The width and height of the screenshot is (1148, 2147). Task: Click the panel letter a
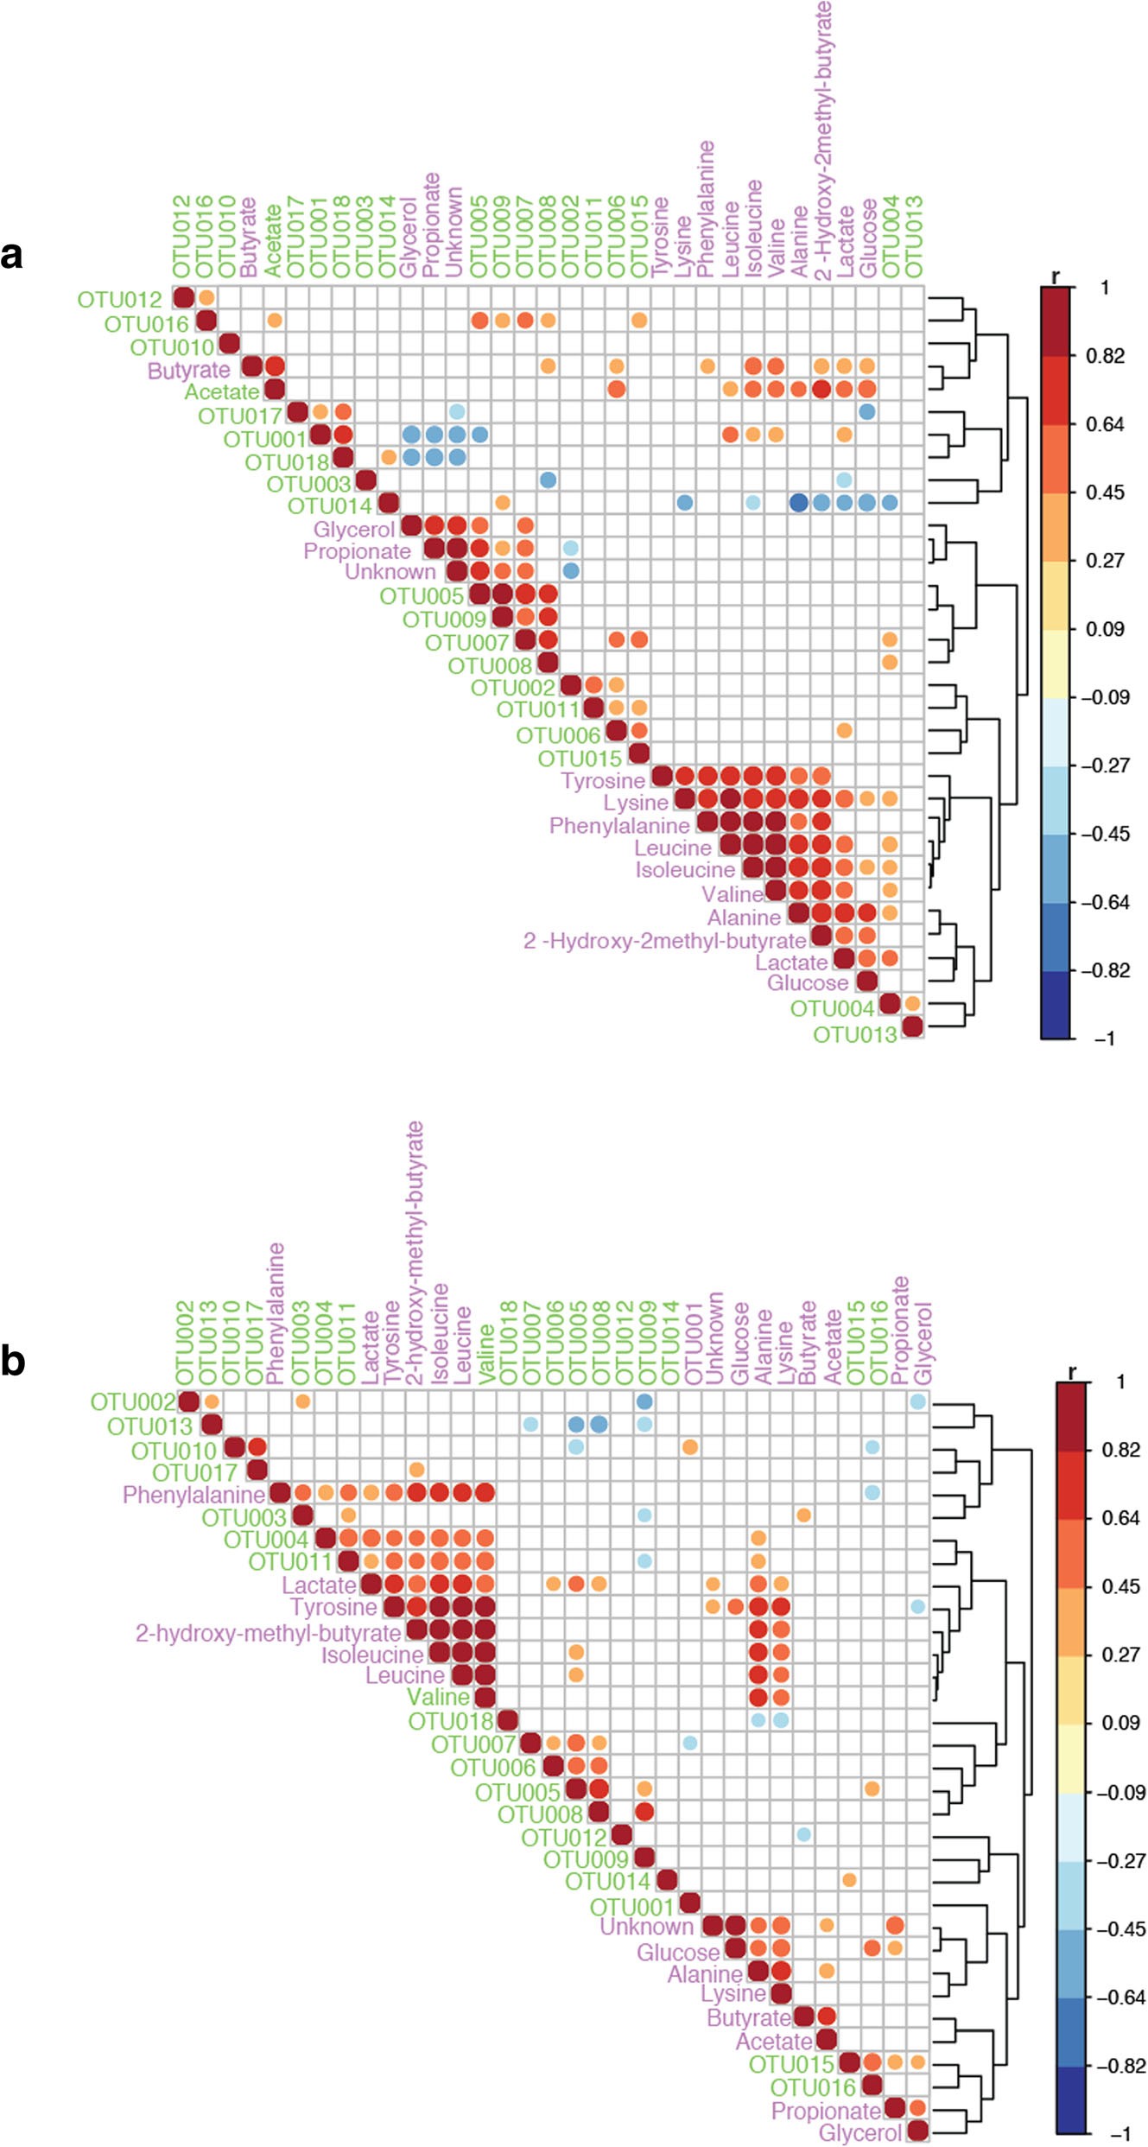(x=12, y=256)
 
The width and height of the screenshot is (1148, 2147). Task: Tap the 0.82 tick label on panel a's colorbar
(x=1105, y=356)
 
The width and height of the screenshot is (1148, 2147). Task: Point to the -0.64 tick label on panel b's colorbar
(x=1120, y=1997)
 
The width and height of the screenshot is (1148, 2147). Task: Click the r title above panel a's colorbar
(x=1055, y=277)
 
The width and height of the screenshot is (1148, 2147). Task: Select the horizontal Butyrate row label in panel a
(x=189, y=371)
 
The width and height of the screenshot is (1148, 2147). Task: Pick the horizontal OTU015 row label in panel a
(x=580, y=759)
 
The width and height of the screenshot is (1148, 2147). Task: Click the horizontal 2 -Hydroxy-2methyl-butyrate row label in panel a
(x=664, y=940)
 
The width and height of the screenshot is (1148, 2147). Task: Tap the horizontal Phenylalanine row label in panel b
(x=193, y=1495)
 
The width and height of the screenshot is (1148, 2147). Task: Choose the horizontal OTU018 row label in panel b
(x=450, y=1722)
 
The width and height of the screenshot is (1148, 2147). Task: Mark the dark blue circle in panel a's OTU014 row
(x=798, y=502)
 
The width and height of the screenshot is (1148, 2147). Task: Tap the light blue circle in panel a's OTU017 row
(x=457, y=412)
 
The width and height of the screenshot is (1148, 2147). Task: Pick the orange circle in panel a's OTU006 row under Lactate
(x=844, y=731)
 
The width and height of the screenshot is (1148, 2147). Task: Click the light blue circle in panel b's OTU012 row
(x=804, y=1834)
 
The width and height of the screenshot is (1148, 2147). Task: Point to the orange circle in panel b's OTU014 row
(x=849, y=1880)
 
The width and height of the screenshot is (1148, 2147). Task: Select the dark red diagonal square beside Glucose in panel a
(x=867, y=981)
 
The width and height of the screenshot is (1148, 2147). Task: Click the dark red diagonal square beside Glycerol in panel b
(x=917, y=2131)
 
